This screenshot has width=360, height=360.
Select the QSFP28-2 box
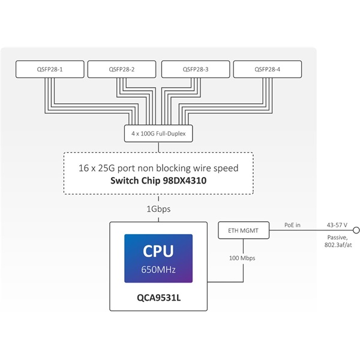click(x=122, y=70)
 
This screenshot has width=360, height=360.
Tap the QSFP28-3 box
click(x=196, y=70)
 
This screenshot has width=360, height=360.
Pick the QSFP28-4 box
click(x=268, y=70)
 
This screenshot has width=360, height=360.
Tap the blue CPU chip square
click(x=158, y=259)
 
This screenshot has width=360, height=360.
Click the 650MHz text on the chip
click(x=158, y=269)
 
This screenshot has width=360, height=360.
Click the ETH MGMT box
click(x=242, y=230)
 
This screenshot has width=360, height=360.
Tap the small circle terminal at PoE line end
click(x=356, y=230)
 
